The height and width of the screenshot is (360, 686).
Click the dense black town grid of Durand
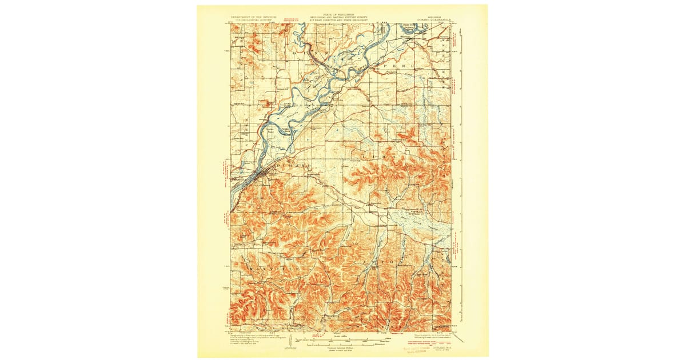click(x=262, y=174)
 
